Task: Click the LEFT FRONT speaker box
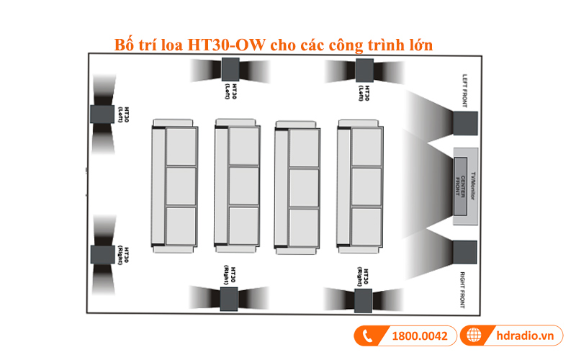click(465, 122)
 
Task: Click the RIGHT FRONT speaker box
click(465, 251)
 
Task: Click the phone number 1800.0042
click(418, 336)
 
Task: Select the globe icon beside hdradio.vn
click(473, 336)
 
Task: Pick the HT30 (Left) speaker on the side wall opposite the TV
click(101, 114)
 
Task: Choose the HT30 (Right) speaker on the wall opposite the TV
click(101, 256)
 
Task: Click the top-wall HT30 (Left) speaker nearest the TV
click(366, 70)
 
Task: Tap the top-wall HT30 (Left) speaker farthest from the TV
click(230, 70)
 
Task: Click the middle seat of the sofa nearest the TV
click(366, 186)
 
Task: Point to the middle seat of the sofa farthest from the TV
click(181, 186)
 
